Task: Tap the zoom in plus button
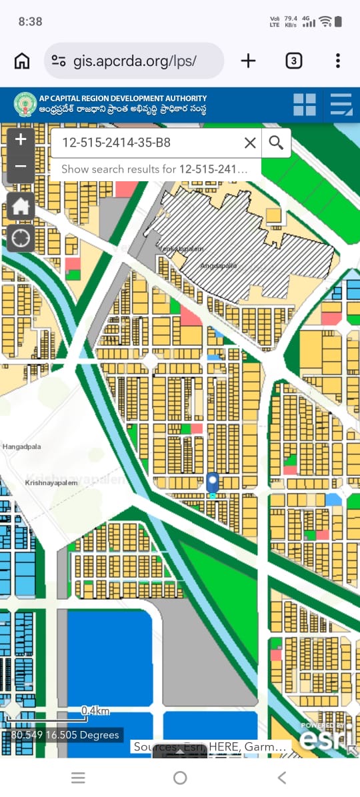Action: [x=21, y=139]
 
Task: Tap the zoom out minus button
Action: [x=21, y=167]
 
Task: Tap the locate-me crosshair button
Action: [x=21, y=238]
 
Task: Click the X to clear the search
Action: [x=250, y=143]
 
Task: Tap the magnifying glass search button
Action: [x=276, y=143]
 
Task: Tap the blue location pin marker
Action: [x=213, y=482]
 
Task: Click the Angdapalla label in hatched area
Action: [x=218, y=265]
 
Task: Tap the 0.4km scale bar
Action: [x=95, y=711]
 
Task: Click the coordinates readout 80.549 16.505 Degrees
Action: [x=65, y=735]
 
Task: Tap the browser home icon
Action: [x=22, y=61]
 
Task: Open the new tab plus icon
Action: [x=248, y=61]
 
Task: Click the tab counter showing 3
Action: [x=293, y=61]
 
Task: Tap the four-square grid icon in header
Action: [x=305, y=105]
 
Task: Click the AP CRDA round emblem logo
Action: [x=25, y=105]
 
